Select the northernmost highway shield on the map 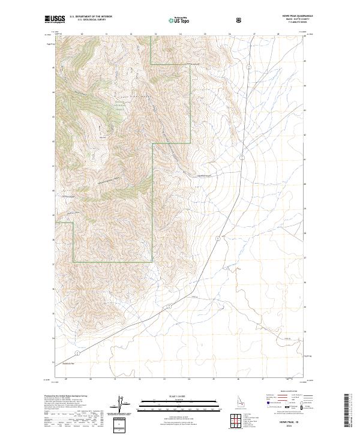coord(241,157)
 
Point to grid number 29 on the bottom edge coord(65,379)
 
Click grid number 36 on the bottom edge coord(238,379)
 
